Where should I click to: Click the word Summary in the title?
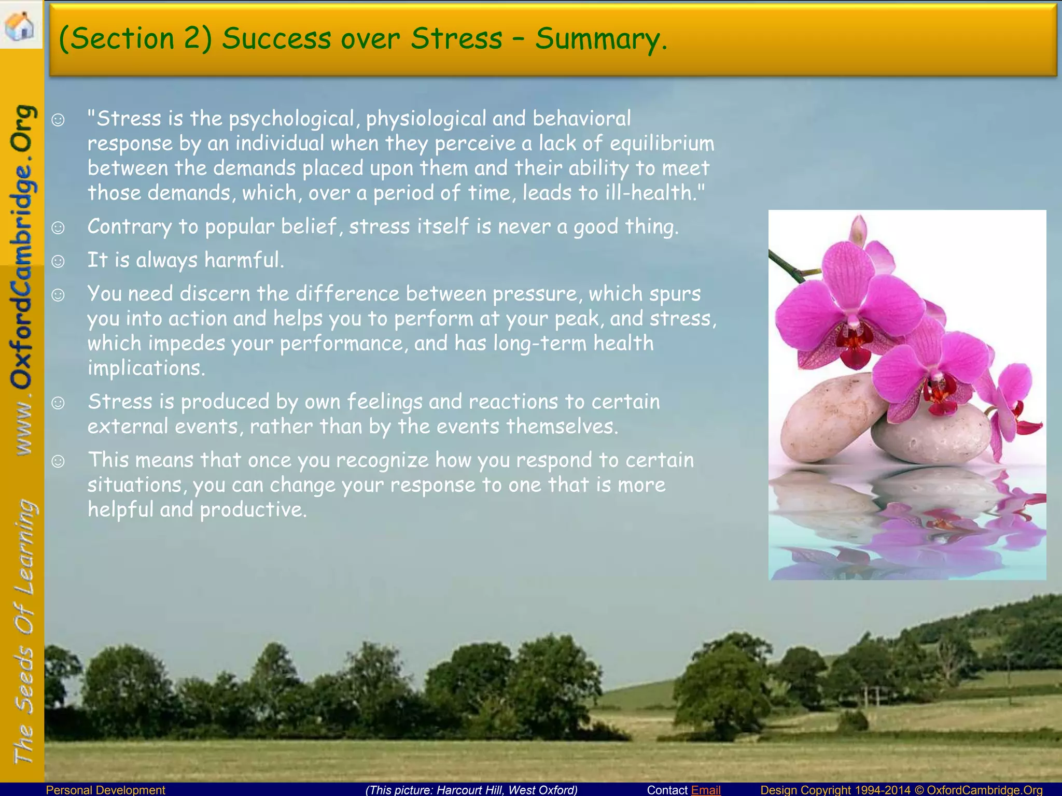(x=600, y=39)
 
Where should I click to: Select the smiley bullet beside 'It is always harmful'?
(x=58, y=261)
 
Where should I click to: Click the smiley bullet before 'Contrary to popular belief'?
(x=58, y=227)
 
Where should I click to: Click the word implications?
(x=146, y=368)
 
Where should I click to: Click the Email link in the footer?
(x=706, y=790)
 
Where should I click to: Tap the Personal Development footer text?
(x=106, y=790)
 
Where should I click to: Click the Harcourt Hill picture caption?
(x=471, y=790)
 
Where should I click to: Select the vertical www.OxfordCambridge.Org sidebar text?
(x=23, y=280)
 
